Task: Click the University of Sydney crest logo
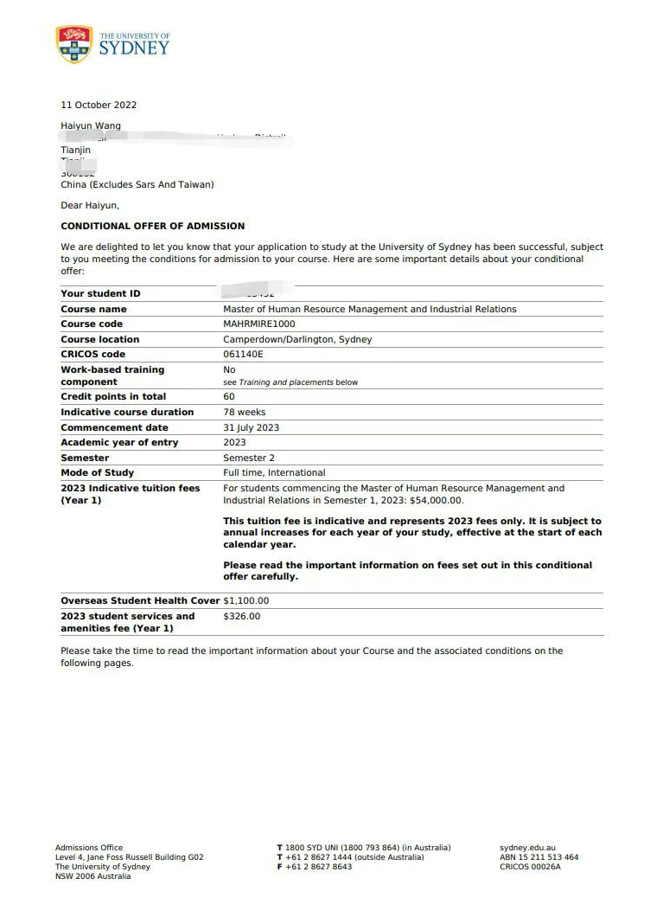point(73,44)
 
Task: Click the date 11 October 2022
point(99,106)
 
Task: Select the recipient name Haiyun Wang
point(91,126)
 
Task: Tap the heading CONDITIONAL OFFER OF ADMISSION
point(152,227)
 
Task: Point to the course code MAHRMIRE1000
point(258,324)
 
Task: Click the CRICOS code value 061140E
point(243,355)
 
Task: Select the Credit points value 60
point(229,397)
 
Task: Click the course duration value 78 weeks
point(245,413)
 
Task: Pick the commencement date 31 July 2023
point(251,428)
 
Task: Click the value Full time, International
point(274,473)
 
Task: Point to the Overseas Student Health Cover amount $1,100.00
point(246,601)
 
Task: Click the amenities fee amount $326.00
point(241,617)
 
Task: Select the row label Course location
point(99,340)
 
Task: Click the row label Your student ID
point(100,294)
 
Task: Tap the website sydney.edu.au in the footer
point(527,848)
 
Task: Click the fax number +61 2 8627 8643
point(319,867)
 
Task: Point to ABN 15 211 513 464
point(538,857)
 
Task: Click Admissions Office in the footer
point(89,848)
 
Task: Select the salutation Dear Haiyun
point(90,206)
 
